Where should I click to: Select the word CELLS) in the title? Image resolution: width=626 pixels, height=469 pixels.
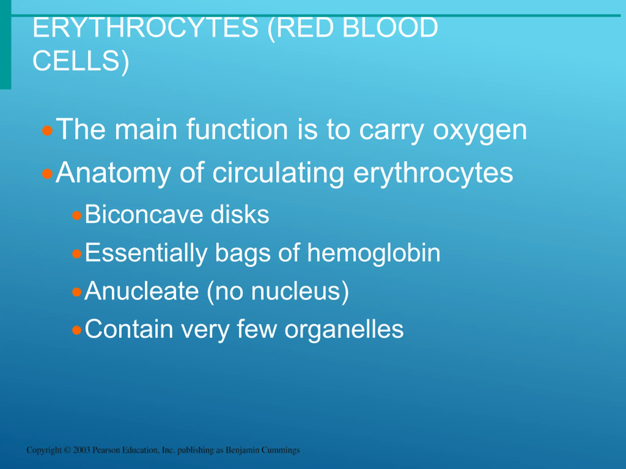(81, 61)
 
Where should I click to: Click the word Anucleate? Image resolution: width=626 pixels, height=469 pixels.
(142, 291)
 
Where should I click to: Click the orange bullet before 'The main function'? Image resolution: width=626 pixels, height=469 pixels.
(47, 131)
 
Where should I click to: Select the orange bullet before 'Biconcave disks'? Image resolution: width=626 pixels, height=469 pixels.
(77, 216)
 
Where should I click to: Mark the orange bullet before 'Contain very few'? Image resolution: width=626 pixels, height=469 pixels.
(77, 330)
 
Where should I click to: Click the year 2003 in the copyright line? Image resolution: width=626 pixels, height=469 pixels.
(81, 450)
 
